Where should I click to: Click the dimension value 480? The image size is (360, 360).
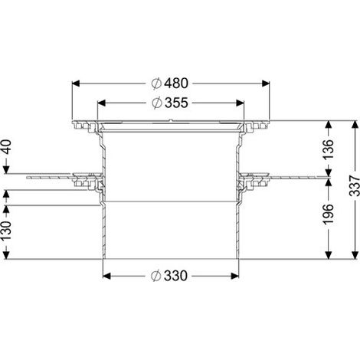click(176, 83)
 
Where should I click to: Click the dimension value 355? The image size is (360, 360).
click(176, 103)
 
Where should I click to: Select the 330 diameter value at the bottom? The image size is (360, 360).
click(175, 276)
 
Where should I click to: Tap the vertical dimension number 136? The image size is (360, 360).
click(329, 149)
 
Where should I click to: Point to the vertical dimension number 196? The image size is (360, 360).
click(329, 214)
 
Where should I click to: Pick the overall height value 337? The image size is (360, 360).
click(355, 185)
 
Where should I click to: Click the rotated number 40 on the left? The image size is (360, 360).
click(6, 147)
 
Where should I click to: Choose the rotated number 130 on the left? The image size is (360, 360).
click(6, 231)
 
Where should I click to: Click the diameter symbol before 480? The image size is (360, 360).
click(156, 83)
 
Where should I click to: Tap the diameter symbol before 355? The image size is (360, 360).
click(157, 103)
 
